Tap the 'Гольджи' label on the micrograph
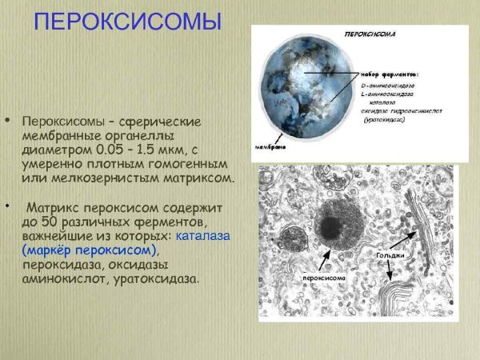point(390,255)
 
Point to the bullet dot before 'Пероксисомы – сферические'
point(8,121)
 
